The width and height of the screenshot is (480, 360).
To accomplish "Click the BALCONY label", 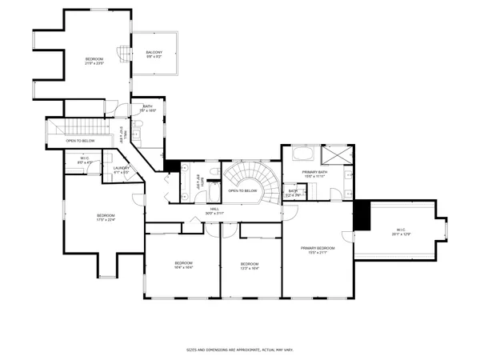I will pos(154,53).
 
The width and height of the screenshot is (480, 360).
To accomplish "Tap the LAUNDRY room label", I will pos(122,169).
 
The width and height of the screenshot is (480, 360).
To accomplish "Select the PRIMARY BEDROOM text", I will pos(318,248).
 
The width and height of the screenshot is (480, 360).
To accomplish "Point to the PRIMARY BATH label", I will pos(314,172).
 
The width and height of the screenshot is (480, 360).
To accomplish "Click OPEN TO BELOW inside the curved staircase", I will pos(242,190).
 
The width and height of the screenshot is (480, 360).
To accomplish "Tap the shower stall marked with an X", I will pos(334,153).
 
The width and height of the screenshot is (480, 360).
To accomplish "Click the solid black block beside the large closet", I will pos(362,214).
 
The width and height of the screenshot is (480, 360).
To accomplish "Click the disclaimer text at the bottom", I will pos(239,350).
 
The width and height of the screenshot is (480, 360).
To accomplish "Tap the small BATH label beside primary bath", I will pos(294,190).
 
